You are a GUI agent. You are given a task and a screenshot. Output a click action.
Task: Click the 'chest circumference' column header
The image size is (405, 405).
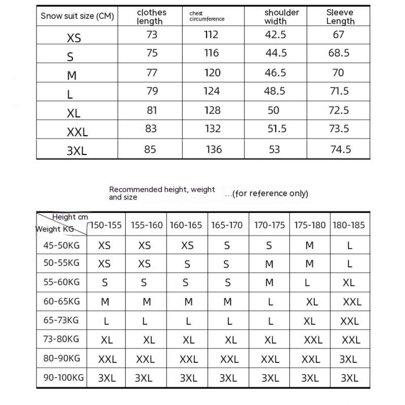(x=207, y=16)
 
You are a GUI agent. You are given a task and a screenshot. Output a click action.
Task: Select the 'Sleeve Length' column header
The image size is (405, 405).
(x=340, y=17)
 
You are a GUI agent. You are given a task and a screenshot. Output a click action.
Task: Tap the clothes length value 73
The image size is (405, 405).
(x=152, y=35)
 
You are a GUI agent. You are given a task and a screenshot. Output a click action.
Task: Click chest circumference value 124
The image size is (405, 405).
(x=211, y=91)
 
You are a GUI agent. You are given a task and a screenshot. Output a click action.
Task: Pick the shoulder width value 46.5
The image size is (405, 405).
(x=275, y=73)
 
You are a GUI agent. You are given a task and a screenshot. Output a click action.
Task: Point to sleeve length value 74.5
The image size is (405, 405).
(x=341, y=150)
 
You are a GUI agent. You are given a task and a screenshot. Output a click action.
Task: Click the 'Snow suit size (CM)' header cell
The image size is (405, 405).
(x=77, y=16)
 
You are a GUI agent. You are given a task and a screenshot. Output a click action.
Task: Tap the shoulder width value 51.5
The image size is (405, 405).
(x=277, y=129)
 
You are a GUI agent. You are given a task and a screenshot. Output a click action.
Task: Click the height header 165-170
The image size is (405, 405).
(x=227, y=225)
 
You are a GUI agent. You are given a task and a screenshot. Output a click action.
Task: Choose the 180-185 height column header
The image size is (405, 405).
(x=349, y=225)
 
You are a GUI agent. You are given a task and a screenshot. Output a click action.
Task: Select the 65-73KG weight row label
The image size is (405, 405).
(x=61, y=320)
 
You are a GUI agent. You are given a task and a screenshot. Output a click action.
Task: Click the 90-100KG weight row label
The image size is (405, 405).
(x=63, y=378)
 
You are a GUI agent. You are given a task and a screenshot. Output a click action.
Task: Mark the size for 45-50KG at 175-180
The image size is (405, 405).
(x=309, y=245)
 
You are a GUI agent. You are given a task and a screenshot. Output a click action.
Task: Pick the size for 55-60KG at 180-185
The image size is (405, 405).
(x=349, y=283)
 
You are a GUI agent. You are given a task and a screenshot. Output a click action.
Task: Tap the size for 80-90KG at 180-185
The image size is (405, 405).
(x=348, y=359)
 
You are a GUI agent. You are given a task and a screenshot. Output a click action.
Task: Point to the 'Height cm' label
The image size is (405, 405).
(x=70, y=217)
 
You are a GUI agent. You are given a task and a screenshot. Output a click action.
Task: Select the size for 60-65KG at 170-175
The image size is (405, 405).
(x=270, y=302)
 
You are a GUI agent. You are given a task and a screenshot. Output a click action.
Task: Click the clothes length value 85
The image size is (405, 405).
(x=150, y=150)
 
